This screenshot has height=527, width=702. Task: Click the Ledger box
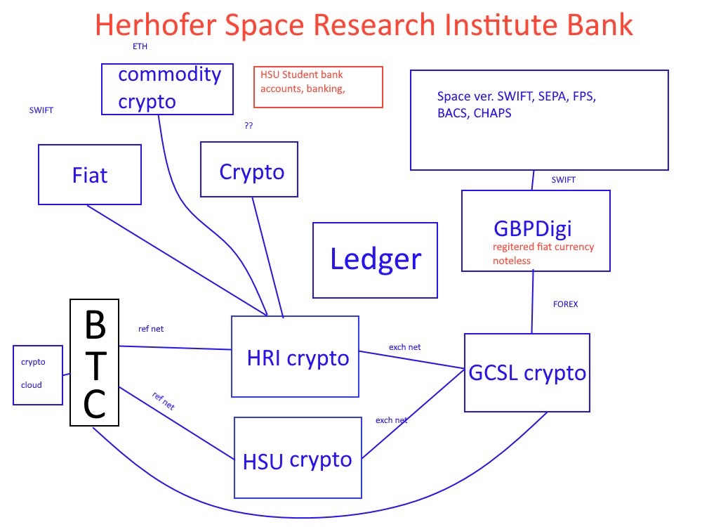coord(375,260)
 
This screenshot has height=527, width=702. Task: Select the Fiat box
coord(90,174)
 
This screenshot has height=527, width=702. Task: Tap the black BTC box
coord(95,362)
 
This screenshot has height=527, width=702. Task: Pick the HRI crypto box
coord(295,356)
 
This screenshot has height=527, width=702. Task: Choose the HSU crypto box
coord(298,457)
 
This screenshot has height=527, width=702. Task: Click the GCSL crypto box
coord(527,372)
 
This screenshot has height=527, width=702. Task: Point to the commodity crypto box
coord(168,89)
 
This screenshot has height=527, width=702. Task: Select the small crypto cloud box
coord(38,375)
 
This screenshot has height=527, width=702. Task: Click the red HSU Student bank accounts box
coord(318,87)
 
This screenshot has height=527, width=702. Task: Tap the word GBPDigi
coord(533,228)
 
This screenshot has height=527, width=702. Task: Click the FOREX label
coord(565,304)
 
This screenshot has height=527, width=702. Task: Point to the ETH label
coord(140,46)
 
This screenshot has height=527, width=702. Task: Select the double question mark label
coord(249,126)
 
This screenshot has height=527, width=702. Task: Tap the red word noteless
coord(511,261)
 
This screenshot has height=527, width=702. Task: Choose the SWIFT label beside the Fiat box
coord(41,110)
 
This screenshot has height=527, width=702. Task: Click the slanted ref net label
coord(164,401)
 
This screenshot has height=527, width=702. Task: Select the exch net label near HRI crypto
coord(405,347)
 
